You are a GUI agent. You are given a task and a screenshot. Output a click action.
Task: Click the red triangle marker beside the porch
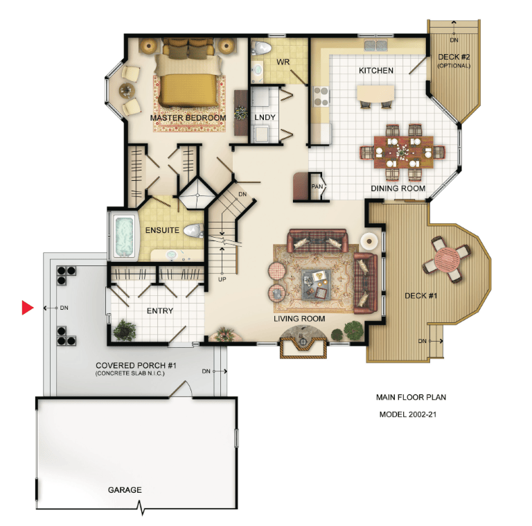27,308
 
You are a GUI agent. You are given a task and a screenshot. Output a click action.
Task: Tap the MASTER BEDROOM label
188,118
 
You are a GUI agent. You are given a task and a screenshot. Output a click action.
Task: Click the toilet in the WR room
260,48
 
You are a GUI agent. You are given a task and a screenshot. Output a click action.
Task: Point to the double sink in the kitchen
375,45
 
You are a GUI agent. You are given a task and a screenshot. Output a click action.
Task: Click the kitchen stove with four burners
321,96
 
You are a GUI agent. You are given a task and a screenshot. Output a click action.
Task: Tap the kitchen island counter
375,94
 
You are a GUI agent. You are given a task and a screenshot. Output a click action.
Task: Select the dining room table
403,152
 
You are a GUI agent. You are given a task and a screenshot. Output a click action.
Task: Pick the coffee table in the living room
316,284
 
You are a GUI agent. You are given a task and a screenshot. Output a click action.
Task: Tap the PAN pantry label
317,186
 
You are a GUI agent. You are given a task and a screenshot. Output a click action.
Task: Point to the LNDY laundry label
265,117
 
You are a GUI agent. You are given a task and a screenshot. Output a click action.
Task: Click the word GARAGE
125,490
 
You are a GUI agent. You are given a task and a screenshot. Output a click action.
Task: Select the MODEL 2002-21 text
408,414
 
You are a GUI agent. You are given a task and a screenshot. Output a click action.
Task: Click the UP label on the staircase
222,279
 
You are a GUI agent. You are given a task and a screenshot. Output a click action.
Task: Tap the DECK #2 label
454,57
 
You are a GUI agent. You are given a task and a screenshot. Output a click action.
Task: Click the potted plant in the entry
125,330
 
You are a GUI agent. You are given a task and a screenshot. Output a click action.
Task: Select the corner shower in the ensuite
197,195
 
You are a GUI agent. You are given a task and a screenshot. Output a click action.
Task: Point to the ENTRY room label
160,310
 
